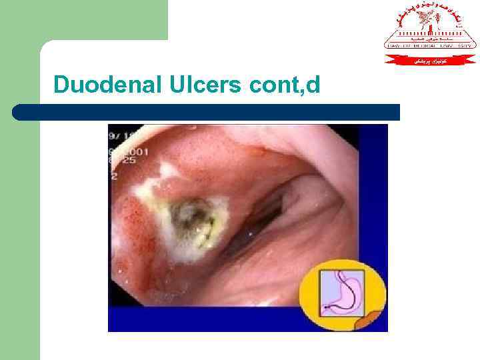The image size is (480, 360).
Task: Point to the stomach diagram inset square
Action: [342, 293]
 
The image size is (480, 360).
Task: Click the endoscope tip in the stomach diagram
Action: [326, 307]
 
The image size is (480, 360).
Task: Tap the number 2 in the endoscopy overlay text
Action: [115, 176]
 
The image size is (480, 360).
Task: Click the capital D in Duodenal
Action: [61, 85]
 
